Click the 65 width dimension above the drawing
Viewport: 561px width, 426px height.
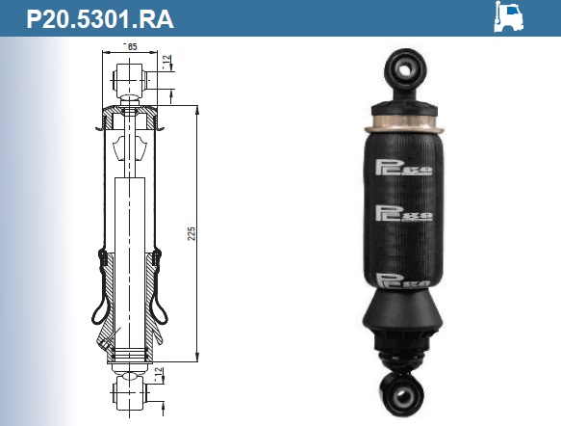click(131, 46)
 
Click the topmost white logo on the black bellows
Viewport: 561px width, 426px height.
click(403, 170)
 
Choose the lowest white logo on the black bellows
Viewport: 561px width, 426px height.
click(403, 281)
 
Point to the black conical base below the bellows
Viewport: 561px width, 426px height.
click(401, 323)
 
